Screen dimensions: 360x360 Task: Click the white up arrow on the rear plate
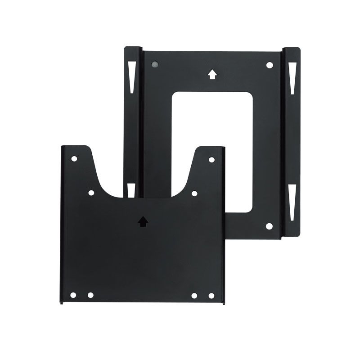point(212,73)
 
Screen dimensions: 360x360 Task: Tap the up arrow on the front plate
point(143,221)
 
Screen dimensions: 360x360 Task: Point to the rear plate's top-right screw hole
point(270,65)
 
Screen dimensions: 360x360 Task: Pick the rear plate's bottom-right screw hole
point(270,226)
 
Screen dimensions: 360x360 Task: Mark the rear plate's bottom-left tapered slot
point(131,190)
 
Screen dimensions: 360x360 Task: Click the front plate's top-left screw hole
point(74,159)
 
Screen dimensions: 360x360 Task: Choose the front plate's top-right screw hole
point(211,159)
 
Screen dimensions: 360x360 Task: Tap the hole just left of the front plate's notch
point(91,193)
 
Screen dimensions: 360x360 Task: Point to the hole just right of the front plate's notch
point(194,193)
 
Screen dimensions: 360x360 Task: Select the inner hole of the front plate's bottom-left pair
point(90,295)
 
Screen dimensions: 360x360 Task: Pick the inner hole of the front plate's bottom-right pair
point(195,295)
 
